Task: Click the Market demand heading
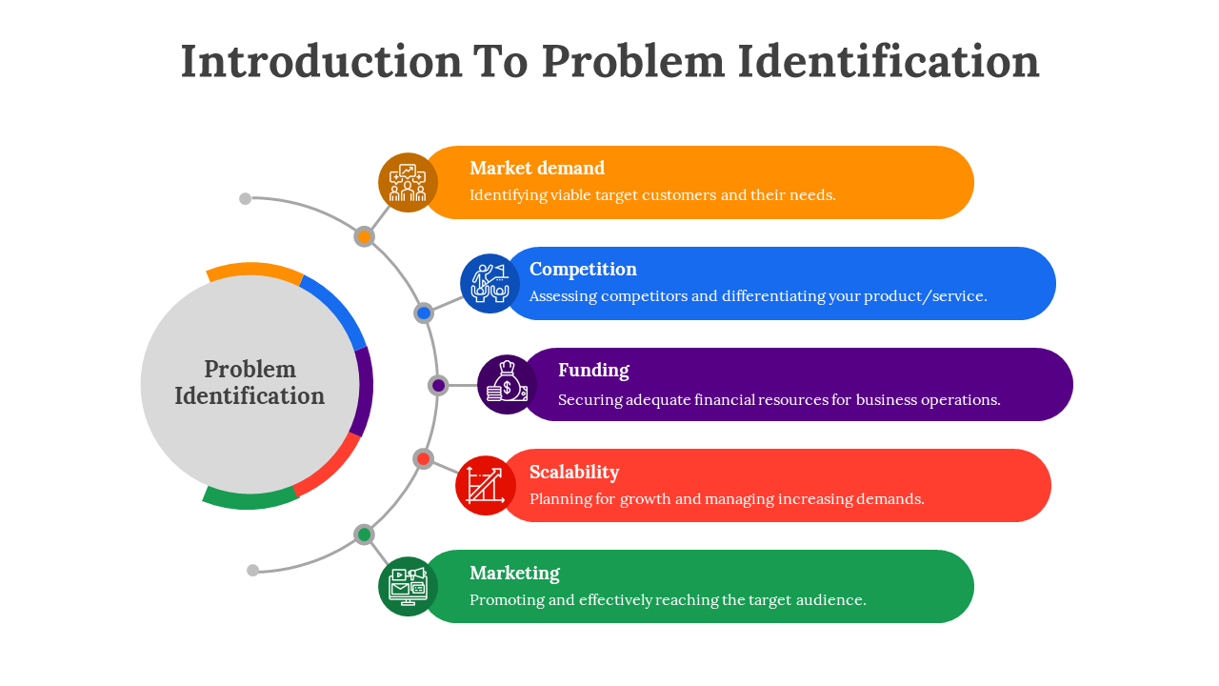pyautogui.click(x=537, y=169)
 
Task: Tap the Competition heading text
pyautogui.click(x=583, y=270)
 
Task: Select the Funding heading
pyautogui.click(x=593, y=371)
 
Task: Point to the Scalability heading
pyautogui.click(x=574, y=472)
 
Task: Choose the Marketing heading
pyautogui.click(x=514, y=573)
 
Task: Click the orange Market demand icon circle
pyautogui.click(x=408, y=182)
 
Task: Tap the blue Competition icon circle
pyautogui.click(x=490, y=283)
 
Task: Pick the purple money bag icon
pyautogui.click(x=507, y=384)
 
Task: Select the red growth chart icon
pyautogui.click(x=486, y=485)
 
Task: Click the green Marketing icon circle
pyautogui.click(x=408, y=586)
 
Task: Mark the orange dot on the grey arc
pyautogui.click(x=364, y=236)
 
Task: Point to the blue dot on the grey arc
pyautogui.click(x=424, y=313)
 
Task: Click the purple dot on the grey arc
pyautogui.click(x=438, y=385)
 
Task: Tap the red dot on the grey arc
pyautogui.click(x=423, y=458)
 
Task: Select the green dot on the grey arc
pyautogui.click(x=364, y=535)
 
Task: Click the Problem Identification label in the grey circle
pyautogui.click(x=250, y=383)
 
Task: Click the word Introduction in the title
pyautogui.click(x=321, y=61)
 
